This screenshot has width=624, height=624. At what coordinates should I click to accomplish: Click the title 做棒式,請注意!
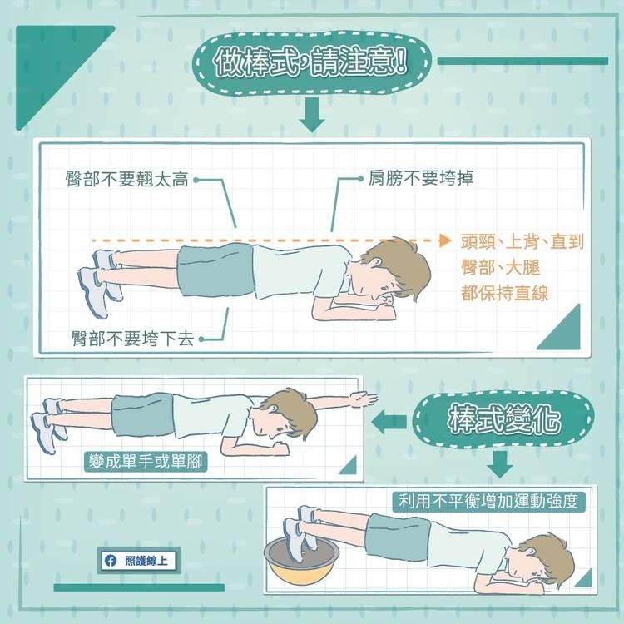tap(311, 62)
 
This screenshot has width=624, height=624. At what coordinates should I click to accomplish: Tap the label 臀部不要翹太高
tap(127, 180)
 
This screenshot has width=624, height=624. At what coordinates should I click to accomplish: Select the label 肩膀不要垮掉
tap(421, 177)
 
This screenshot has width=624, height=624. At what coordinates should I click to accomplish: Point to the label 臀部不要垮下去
tap(133, 339)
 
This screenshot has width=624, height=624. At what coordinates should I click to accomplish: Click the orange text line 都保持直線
tap(505, 294)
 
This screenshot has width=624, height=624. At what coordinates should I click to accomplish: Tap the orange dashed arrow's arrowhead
tap(445, 240)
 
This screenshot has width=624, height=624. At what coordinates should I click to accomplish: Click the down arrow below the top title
tap(312, 115)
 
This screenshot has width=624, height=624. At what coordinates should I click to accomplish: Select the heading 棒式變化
tap(504, 419)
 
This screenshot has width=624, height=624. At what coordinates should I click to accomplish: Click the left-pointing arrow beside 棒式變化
tap(389, 422)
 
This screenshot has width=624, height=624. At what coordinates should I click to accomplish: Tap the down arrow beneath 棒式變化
tap(500, 464)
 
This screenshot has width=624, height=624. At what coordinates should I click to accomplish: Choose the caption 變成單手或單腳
tap(146, 462)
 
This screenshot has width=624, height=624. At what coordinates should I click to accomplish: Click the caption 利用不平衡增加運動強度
tap(488, 502)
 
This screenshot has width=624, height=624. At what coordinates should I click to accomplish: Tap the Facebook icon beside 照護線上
tap(111, 561)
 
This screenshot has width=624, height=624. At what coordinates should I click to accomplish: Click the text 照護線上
tap(146, 561)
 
